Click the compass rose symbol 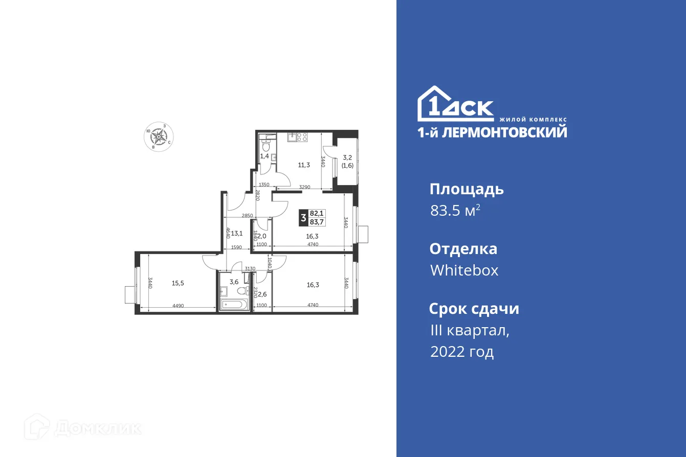pyautogui.click(x=160, y=136)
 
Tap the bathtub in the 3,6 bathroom pyautogui.click(x=234, y=305)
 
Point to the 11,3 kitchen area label pyautogui.click(x=304, y=165)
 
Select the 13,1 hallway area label pyautogui.click(x=236, y=233)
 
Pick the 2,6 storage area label pyautogui.click(x=262, y=293)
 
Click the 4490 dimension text pyautogui.click(x=178, y=306)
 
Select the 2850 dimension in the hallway pyautogui.click(x=248, y=216)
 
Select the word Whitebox pyautogui.click(x=464, y=270)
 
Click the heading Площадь pyautogui.click(x=467, y=189)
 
